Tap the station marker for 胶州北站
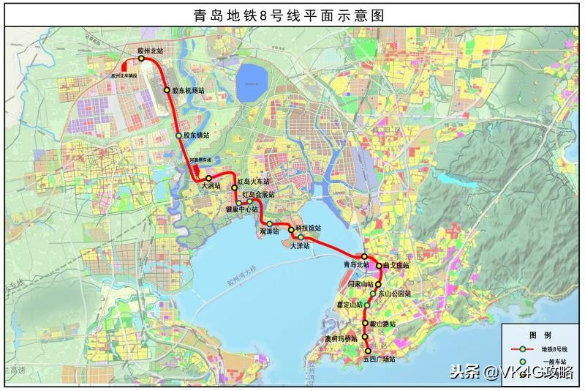(141, 59)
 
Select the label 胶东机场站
(188, 91)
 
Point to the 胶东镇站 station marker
(178, 135)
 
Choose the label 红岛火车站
(253, 182)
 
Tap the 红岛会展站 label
(257, 195)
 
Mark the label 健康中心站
(241, 209)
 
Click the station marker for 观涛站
(270, 223)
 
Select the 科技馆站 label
(308, 228)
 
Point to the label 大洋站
(300, 246)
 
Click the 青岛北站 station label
(357, 264)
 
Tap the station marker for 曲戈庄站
(380, 266)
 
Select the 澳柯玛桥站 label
(341, 339)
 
